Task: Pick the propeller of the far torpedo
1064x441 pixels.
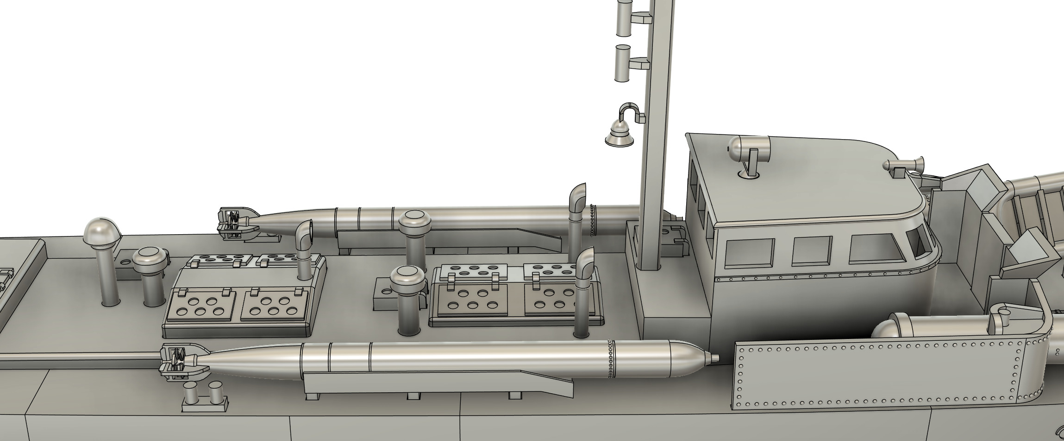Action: tap(234, 223)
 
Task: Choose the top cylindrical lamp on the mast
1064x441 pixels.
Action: tap(624, 17)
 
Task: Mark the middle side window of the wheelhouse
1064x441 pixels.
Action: tap(812, 251)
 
